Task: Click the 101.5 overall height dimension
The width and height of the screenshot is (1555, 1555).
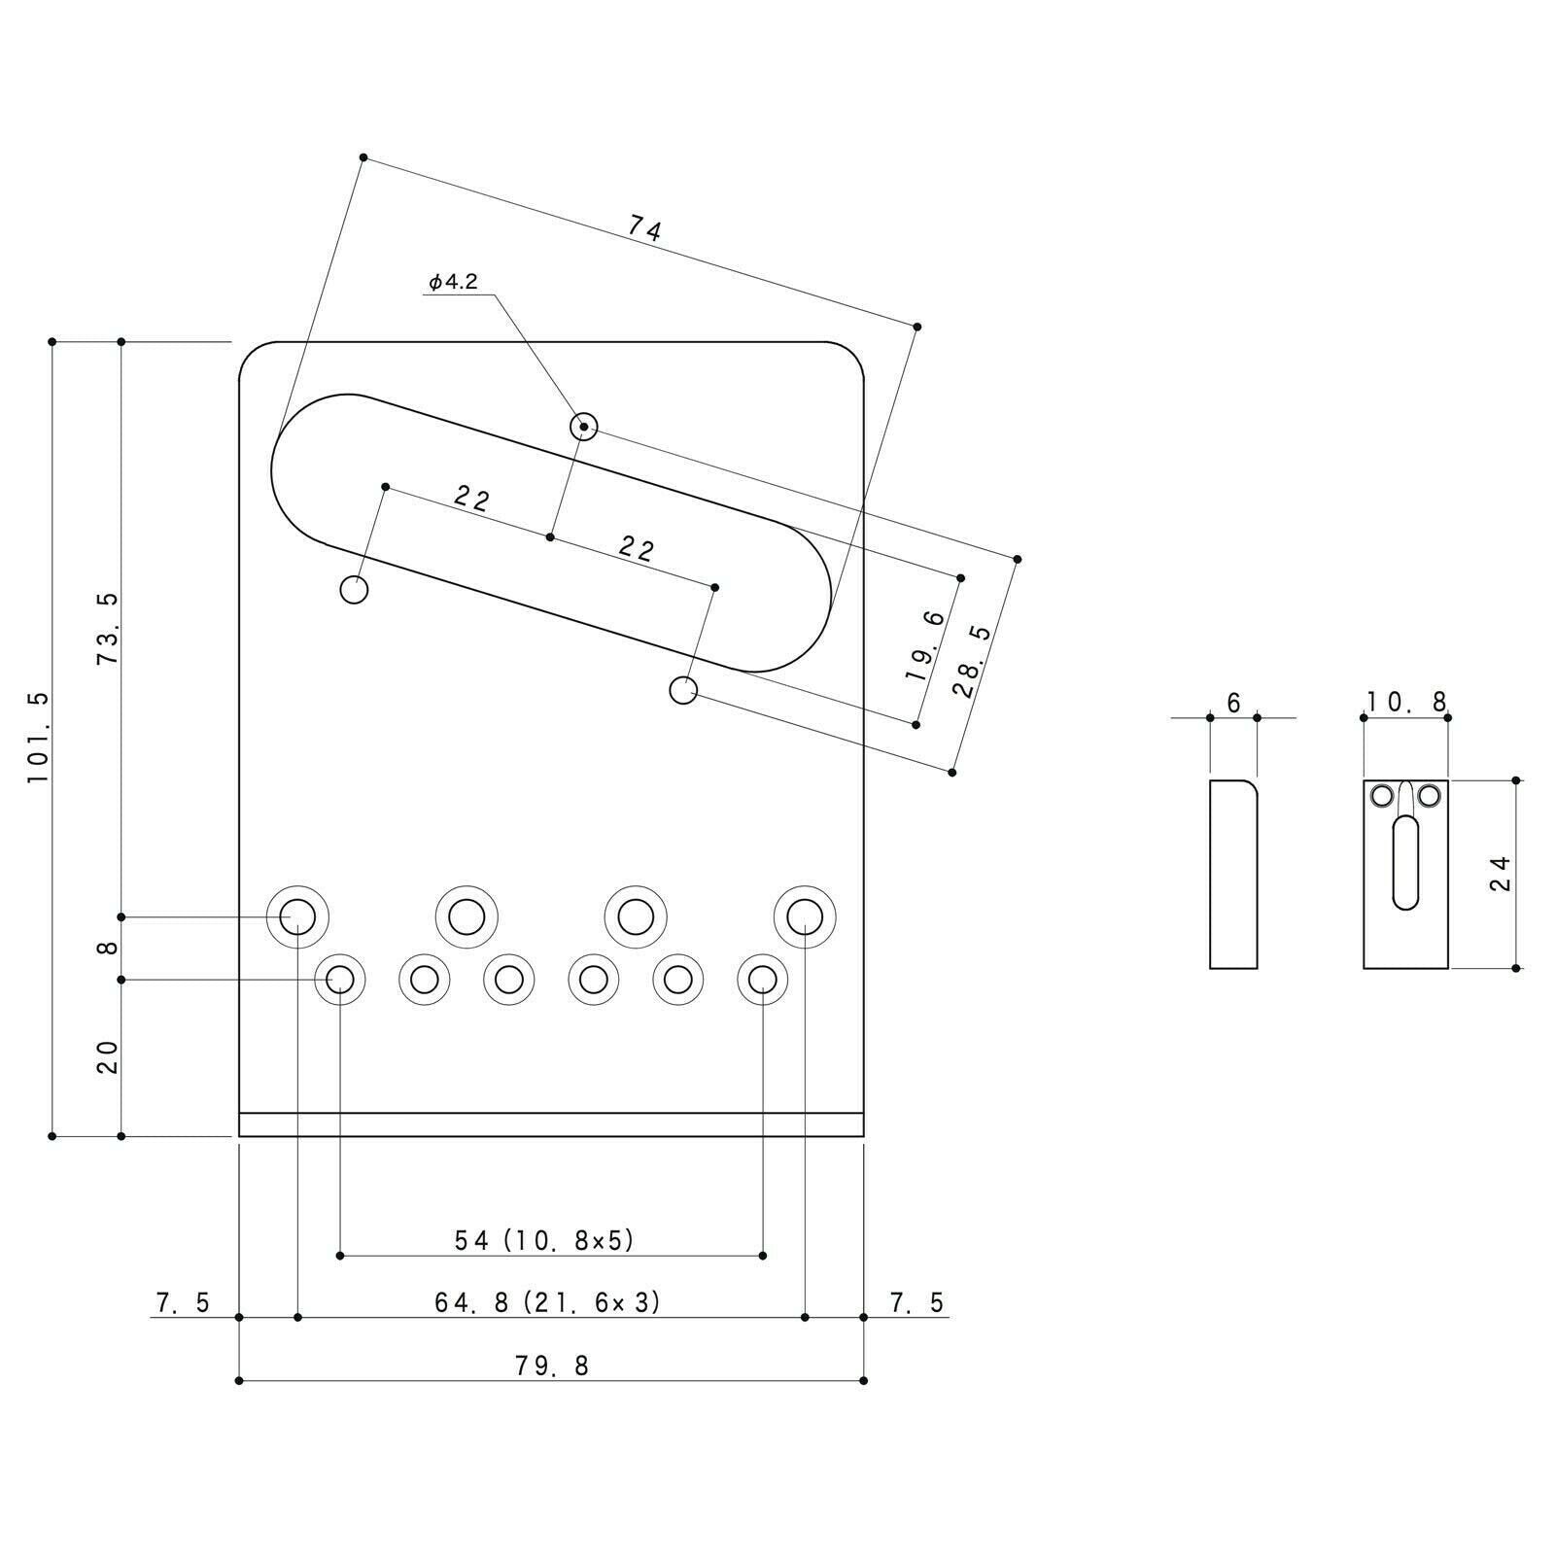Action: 37,739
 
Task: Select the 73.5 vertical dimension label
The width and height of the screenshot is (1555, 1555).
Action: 107,628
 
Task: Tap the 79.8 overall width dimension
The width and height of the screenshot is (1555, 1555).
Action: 552,1365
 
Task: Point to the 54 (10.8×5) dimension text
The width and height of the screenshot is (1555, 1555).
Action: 544,1240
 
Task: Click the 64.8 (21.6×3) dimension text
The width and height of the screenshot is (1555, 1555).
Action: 547,1302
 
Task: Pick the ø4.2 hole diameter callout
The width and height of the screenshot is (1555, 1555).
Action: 453,282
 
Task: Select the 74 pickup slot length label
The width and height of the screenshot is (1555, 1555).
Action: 644,229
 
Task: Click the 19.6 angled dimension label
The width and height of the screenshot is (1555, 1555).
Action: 924,645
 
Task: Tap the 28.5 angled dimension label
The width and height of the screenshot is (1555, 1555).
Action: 972,662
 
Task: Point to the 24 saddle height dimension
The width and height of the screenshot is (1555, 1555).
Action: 1501,873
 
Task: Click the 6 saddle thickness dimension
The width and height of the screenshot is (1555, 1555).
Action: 1234,703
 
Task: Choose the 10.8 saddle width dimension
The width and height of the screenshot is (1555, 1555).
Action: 1406,702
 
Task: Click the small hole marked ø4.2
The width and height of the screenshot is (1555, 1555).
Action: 583,426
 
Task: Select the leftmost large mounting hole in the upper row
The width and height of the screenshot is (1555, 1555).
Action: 297,916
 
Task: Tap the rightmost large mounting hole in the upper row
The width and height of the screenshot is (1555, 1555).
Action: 805,916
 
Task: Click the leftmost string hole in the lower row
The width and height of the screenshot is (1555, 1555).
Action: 340,979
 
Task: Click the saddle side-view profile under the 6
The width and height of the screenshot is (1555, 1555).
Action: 1233,874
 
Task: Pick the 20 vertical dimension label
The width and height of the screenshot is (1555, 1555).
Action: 107,1056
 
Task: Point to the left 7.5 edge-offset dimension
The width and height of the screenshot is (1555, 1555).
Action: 182,1302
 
